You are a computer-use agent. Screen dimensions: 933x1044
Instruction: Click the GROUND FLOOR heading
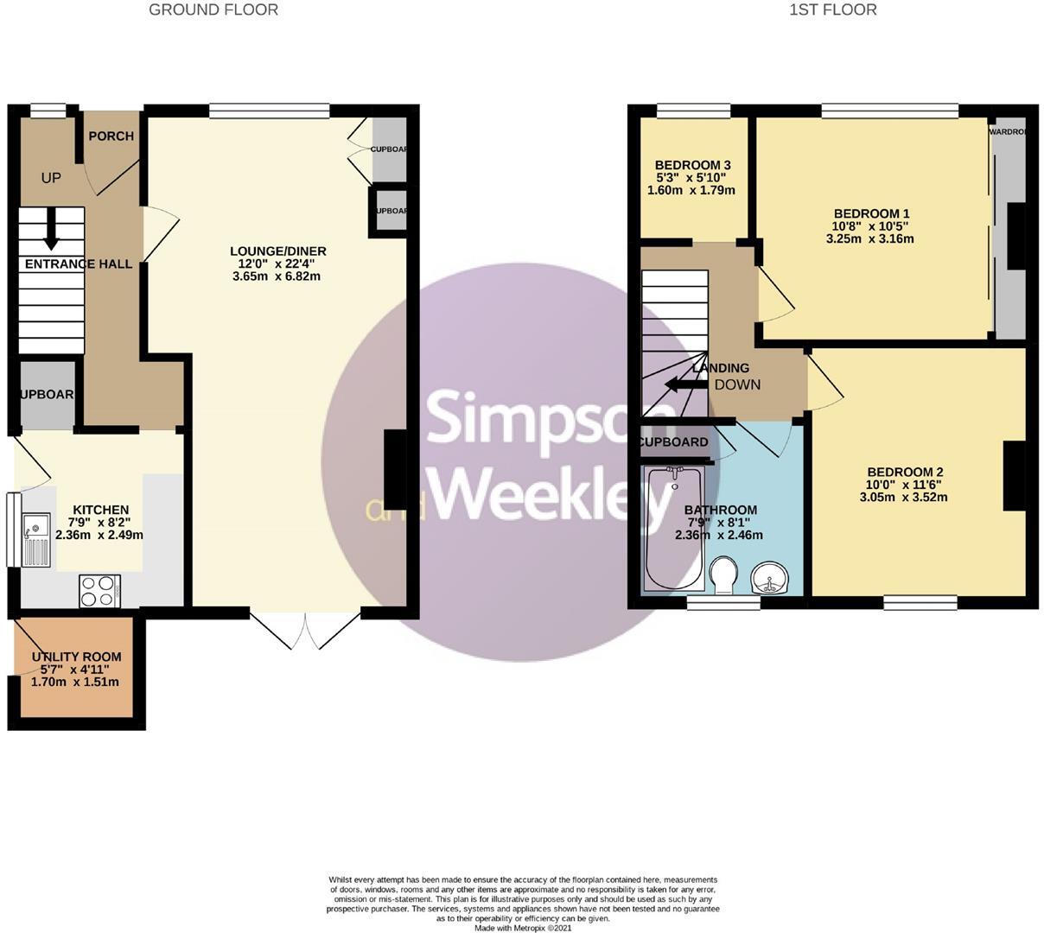213,10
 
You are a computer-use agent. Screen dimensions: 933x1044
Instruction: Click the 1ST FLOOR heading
832,10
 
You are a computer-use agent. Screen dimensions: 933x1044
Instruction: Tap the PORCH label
111,136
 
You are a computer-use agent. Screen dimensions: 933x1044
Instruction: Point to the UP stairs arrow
51,226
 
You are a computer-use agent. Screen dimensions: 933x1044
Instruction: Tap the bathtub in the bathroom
674,528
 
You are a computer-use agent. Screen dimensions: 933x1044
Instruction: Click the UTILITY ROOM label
76,657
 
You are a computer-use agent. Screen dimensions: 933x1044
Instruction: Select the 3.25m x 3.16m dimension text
870,238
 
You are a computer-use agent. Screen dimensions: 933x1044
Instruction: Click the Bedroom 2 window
920,602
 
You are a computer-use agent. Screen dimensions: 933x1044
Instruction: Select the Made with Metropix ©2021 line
522,928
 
